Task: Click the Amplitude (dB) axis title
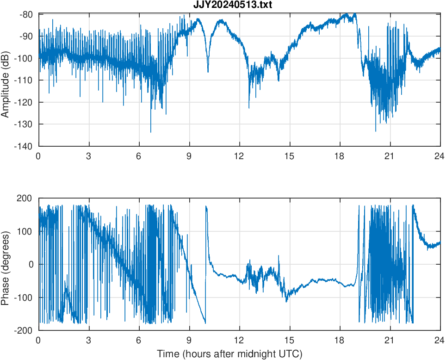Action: tap(6, 80)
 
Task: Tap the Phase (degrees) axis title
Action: tap(6, 264)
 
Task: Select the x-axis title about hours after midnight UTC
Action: tap(229, 354)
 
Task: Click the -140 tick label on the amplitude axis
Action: tap(26, 146)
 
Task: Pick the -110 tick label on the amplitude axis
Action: tap(26, 81)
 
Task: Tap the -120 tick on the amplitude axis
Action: tap(26, 102)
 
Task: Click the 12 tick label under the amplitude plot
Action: tap(239, 156)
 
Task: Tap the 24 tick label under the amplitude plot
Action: tap(440, 156)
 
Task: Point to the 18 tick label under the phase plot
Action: tap(340, 340)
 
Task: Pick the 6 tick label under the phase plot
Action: tap(139, 340)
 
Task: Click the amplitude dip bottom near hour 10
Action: tap(208, 72)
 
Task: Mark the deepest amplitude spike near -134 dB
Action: tap(150, 132)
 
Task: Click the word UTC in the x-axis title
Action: tap(291, 354)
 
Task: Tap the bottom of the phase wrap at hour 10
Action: tap(205, 323)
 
